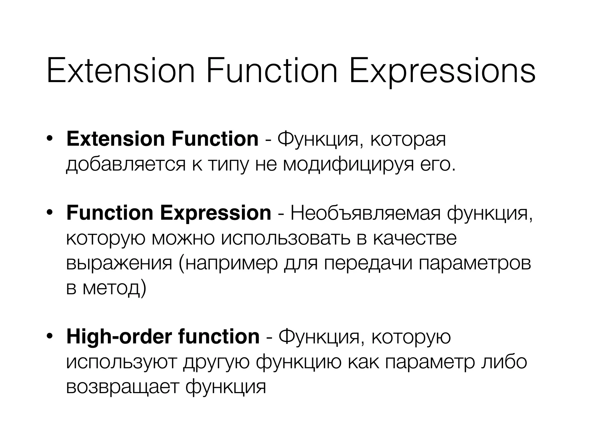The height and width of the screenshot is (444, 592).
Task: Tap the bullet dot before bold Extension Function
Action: [x=50, y=139]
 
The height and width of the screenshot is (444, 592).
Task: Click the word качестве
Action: [x=415, y=238]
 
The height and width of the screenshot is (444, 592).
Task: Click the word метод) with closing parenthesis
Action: [x=114, y=288]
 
